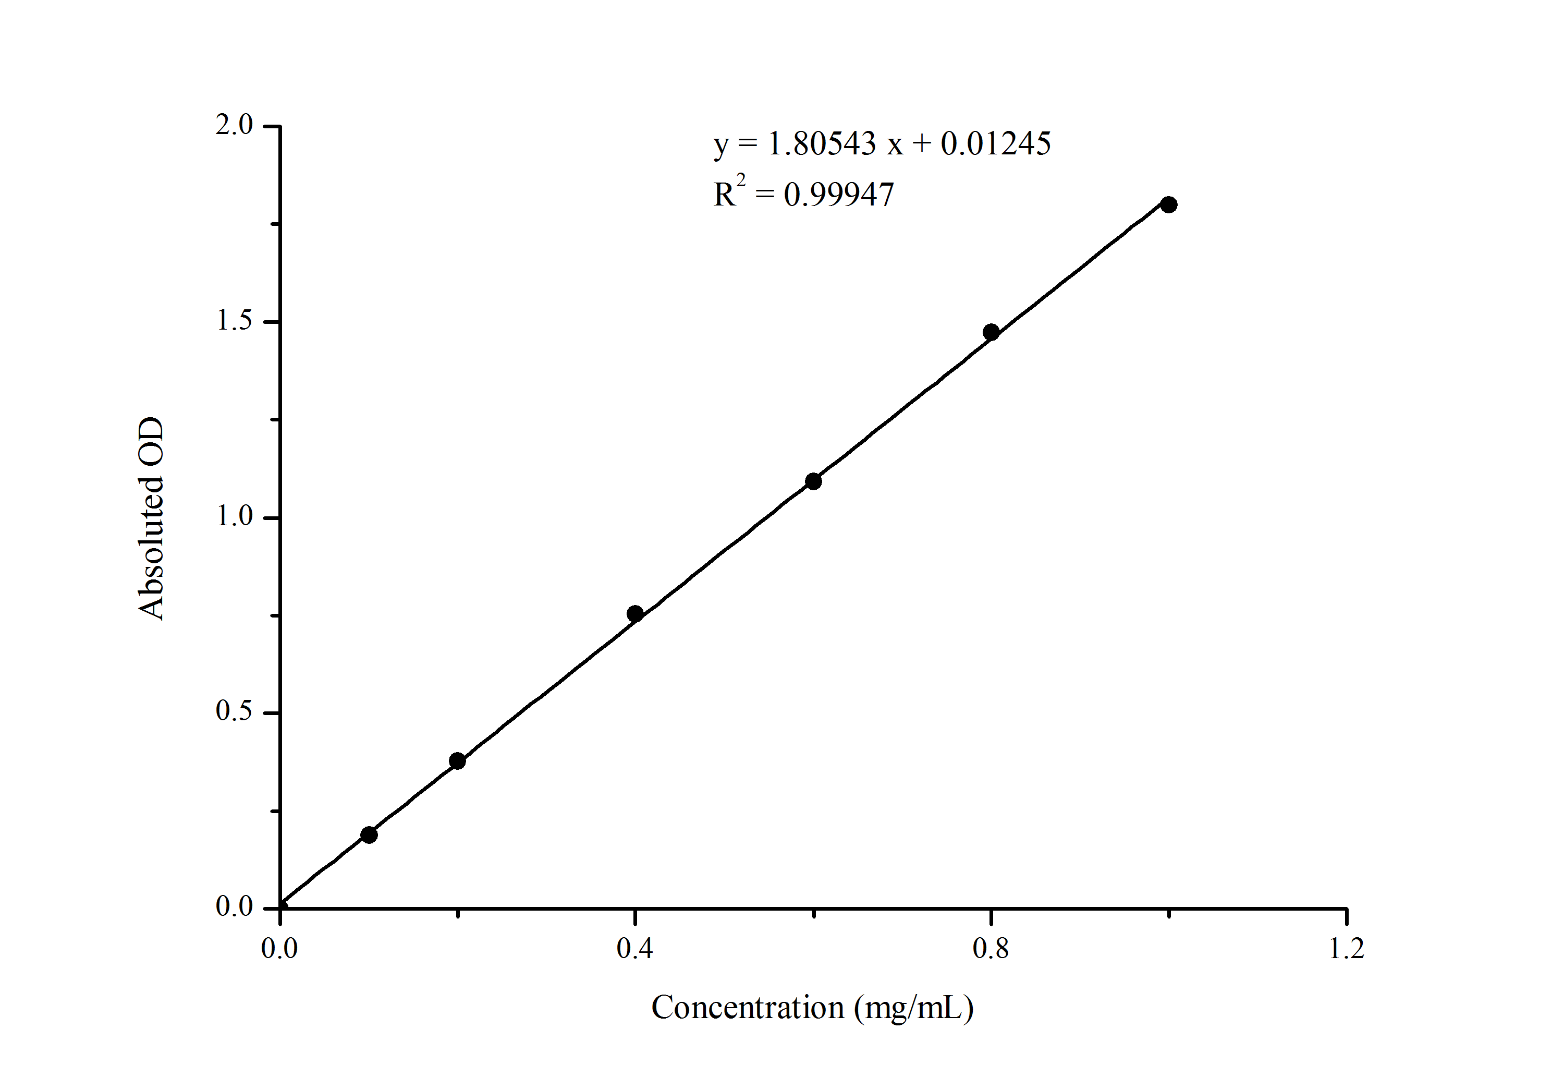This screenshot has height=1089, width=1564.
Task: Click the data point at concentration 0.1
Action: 369,835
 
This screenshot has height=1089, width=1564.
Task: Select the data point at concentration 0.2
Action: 458,761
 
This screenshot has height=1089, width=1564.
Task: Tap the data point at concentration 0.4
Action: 635,613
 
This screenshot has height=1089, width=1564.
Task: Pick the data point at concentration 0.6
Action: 813,481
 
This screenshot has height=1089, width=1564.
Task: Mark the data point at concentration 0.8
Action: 991,333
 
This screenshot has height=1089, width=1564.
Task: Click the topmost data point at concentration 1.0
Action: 1169,204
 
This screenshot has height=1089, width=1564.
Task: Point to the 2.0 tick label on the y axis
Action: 234,125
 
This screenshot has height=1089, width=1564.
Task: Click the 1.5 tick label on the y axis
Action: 234,321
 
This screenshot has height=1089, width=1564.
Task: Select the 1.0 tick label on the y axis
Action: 234,516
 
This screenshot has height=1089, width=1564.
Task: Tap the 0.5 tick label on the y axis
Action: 234,711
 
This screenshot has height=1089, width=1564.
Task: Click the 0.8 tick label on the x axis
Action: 991,949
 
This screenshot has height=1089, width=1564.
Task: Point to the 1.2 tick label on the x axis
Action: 1347,949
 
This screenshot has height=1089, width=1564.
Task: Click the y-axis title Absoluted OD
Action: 151,518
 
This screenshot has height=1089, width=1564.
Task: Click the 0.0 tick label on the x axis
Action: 279,949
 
